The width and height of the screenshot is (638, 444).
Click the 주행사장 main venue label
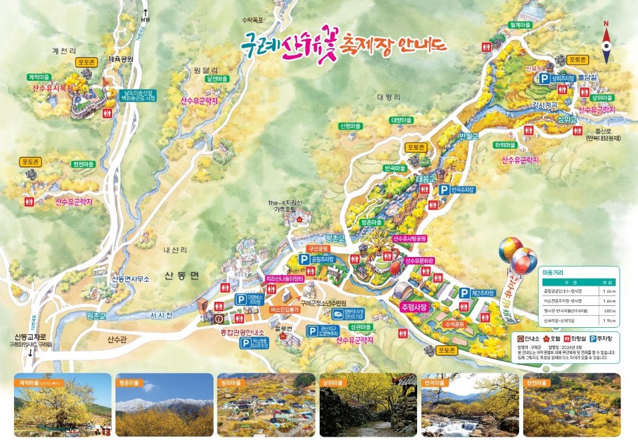coord(414,308)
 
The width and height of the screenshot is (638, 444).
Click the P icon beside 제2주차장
coord(464,292)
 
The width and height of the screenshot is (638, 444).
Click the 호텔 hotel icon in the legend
coord(536,338)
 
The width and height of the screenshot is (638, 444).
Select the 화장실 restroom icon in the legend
coord(561,338)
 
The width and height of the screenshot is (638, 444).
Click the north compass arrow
coord(606,37)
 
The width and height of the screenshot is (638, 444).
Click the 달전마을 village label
coord(217,79)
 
